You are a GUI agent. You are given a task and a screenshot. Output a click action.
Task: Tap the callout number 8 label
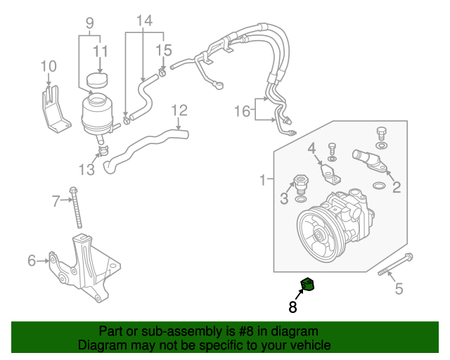tap(292, 307)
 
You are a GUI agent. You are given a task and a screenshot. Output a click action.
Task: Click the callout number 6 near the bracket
tap(32, 261)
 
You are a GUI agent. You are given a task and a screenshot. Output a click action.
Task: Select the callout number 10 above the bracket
tap(48, 67)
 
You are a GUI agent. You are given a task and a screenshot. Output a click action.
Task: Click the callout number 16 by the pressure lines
tap(242, 110)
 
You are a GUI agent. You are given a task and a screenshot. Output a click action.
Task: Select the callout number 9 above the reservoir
tap(90, 22)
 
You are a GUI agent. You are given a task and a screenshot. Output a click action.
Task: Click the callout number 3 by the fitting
tap(284, 199)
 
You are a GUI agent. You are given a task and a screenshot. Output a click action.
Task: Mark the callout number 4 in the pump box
tap(311, 148)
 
